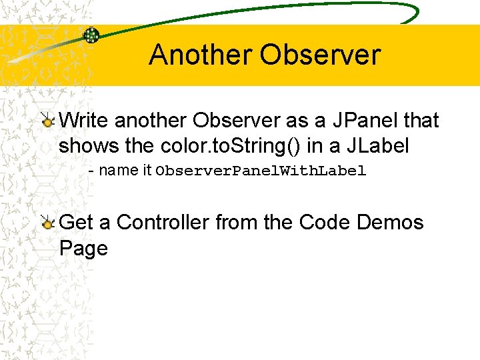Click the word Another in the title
click(200, 55)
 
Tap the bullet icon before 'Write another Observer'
click(47, 121)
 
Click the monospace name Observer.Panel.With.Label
click(261, 171)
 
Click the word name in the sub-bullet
click(118, 171)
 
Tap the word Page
click(83, 248)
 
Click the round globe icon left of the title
click(91, 35)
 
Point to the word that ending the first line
click(421, 121)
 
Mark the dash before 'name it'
click(91, 171)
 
